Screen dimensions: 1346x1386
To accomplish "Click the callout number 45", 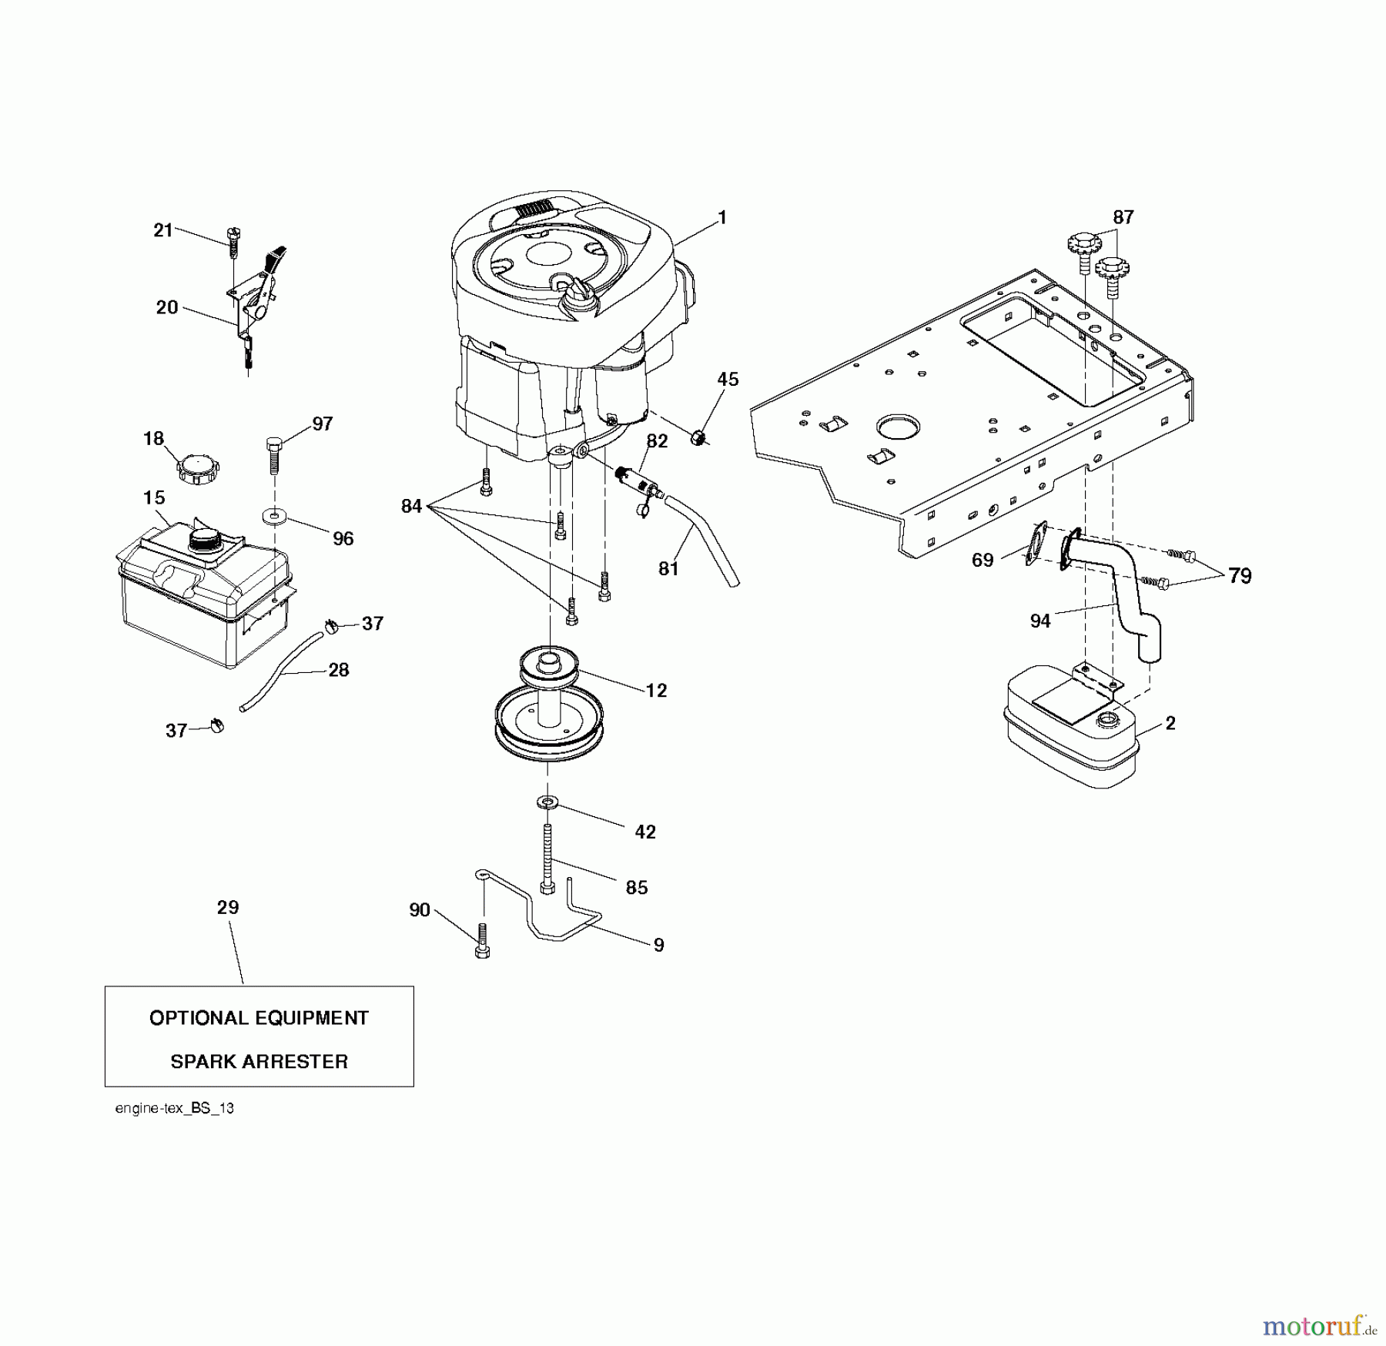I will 728,379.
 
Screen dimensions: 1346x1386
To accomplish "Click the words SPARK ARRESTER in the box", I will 259,1061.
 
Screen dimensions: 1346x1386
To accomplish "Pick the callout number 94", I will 1039,621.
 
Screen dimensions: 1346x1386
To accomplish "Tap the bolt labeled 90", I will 483,941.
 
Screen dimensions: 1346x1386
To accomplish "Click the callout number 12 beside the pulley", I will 656,691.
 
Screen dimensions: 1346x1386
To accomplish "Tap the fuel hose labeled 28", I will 281,671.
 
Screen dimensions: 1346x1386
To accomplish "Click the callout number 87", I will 1123,217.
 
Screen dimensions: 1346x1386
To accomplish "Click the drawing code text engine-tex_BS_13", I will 174,1108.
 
